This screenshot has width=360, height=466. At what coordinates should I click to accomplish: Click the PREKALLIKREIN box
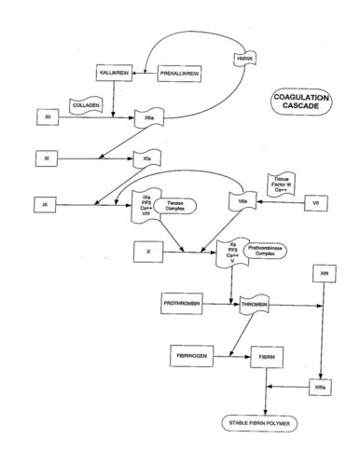[x=180, y=72]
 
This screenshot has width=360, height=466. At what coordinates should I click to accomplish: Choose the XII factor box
[x=48, y=117]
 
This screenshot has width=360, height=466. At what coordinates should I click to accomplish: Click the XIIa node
[x=148, y=118]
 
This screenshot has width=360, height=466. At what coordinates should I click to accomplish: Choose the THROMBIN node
[x=256, y=305]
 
